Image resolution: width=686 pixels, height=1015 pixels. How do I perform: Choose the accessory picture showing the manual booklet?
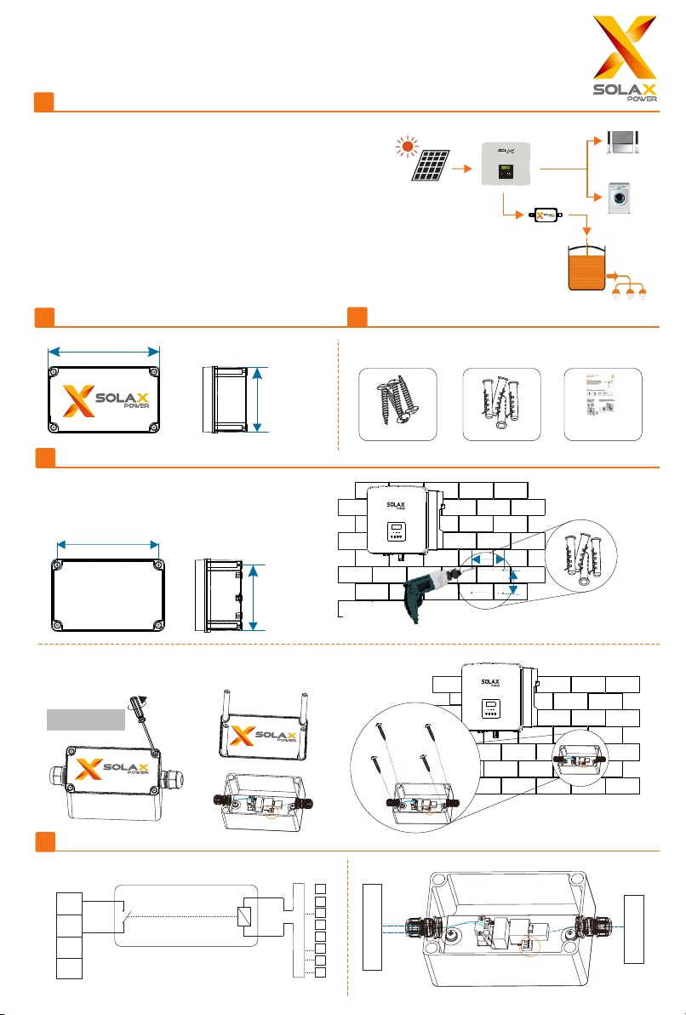tap(603, 404)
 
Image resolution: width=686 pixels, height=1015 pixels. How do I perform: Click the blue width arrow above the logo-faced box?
tap(105, 350)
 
